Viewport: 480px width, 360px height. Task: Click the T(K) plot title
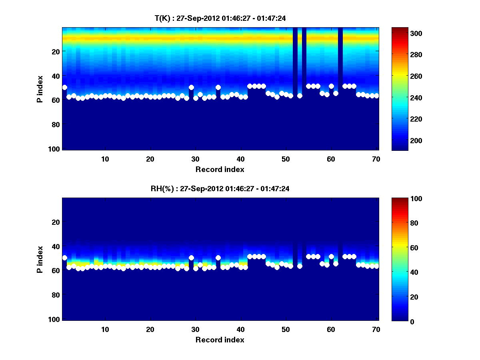click(220, 18)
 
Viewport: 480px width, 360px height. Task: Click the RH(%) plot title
click(220, 188)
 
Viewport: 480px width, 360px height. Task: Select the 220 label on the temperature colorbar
click(402, 119)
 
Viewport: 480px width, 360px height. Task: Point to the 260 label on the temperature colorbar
click(402, 76)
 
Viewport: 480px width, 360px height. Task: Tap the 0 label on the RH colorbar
click(398, 321)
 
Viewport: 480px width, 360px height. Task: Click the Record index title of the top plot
click(220, 169)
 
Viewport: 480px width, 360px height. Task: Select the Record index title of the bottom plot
click(220, 340)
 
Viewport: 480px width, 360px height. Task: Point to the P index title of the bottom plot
click(40, 259)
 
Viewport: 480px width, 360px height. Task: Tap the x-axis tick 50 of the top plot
click(286, 159)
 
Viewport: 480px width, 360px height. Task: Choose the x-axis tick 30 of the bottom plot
click(195, 329)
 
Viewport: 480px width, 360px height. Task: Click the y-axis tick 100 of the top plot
click(55, 149)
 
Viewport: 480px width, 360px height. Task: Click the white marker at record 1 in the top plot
click(64, 87)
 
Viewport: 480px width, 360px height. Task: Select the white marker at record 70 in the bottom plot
click(376, 266)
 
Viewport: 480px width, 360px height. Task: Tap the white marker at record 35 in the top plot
click(218, 87)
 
